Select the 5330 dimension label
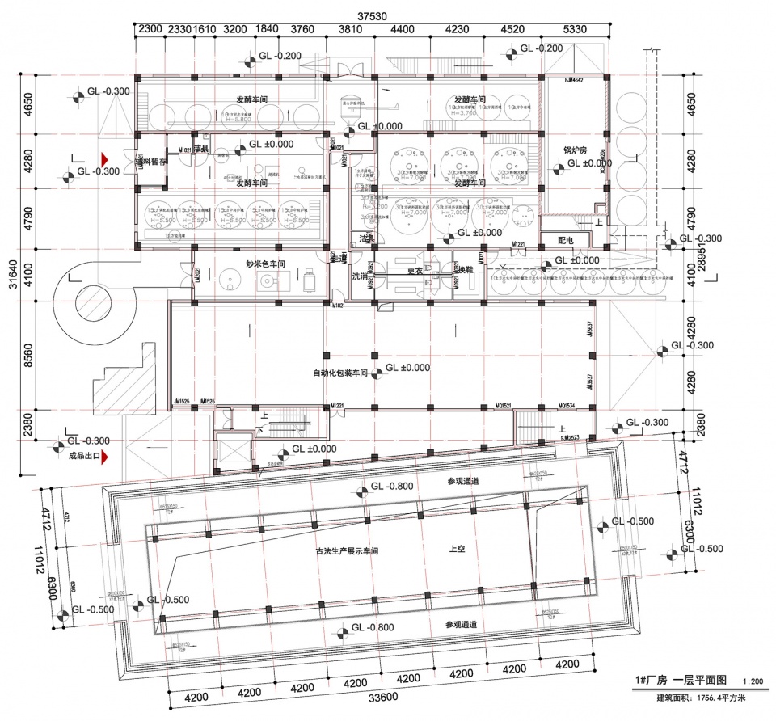[575, 30]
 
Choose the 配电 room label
[565, 240]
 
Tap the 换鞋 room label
[465, 270]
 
